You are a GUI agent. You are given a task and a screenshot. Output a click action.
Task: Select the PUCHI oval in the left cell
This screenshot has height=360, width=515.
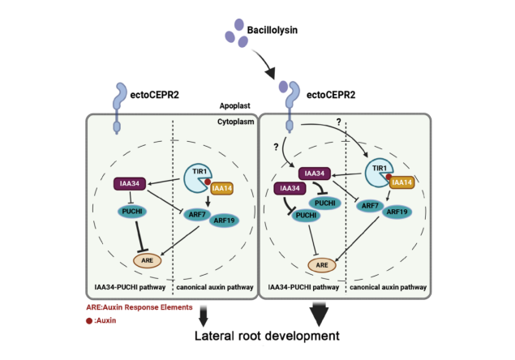pyautogui.click(x=135, y=212)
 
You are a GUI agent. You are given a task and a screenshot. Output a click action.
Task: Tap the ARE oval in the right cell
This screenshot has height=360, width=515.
pyautogui.click(x=321, y=264)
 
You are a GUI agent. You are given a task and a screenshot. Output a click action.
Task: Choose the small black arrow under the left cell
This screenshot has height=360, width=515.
pyautogui.click(x=201, y=311)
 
